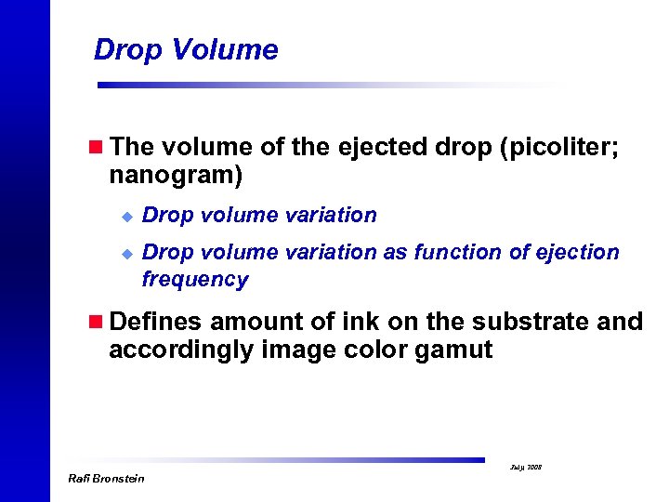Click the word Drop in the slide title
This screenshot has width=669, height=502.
(x=127, y=49)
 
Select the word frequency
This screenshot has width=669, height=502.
(x=194, y=280)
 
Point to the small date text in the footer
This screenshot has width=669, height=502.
(x=527, y=467)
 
